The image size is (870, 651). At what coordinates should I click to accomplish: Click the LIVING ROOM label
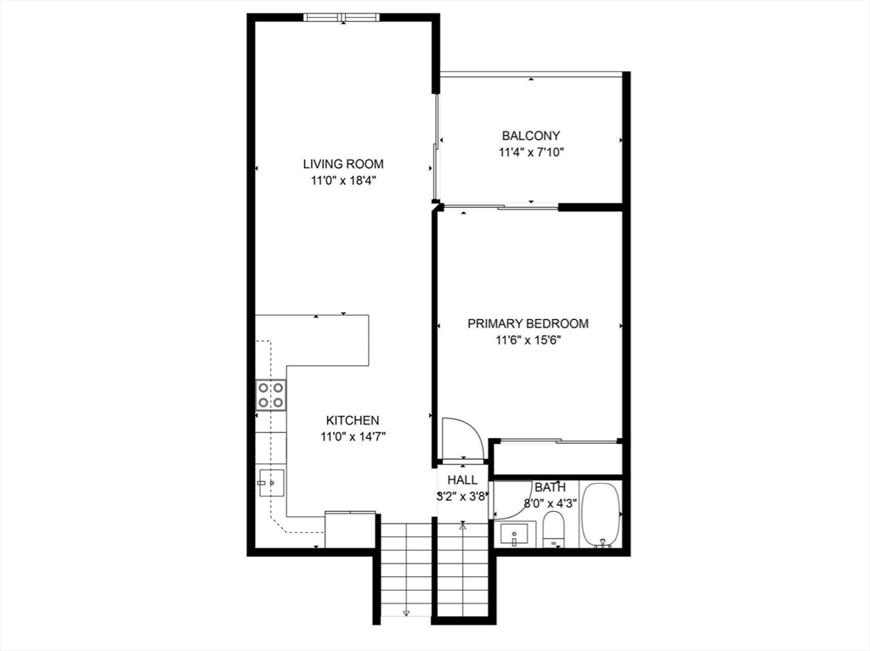tap(343, 164)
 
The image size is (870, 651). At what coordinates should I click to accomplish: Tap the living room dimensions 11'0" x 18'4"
tap(343, 180)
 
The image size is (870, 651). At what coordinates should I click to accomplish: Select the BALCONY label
tap(530, 136)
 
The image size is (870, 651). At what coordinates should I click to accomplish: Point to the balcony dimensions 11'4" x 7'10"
tap(530, 153)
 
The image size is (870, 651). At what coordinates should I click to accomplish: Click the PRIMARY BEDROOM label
tap(528, 323)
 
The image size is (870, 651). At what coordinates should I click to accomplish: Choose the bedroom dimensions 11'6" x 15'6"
tap(528, 340)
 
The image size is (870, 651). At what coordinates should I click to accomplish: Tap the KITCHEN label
tap(353, 420)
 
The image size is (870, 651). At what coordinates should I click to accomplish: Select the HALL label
tap(462, 480)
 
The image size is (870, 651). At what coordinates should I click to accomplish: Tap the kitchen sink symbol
tap(269, 485)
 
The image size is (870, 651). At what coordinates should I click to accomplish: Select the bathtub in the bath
tap(601, 515)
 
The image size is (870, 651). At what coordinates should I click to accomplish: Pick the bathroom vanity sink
tap(514, 536)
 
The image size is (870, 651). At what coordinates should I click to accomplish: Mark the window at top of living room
tap(342, 17)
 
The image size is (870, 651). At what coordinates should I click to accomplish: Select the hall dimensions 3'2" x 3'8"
tap(462, 497)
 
